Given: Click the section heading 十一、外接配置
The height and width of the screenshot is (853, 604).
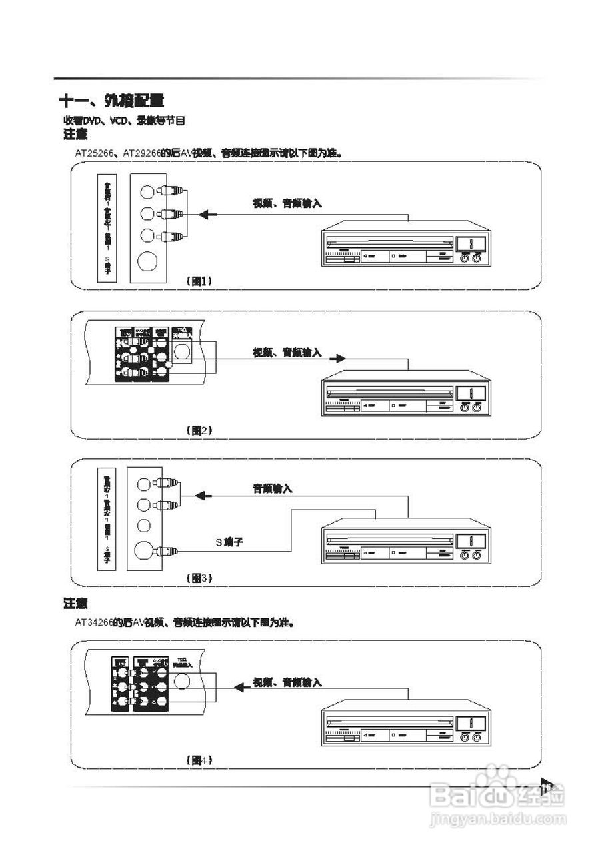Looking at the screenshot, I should coord(111,101).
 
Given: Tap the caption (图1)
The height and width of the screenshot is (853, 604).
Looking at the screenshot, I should coord(199,281).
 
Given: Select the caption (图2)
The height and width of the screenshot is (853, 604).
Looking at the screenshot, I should coord(199,430).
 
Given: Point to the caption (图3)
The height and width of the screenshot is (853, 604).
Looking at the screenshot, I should coord(199,578).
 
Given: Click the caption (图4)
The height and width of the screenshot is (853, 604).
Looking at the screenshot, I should coord(199,759).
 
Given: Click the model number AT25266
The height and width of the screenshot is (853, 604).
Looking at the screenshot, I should coord(97,153).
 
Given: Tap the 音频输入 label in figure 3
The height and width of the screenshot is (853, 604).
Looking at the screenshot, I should coord(272,489).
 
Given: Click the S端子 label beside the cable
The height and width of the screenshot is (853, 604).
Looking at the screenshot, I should coord(229,542).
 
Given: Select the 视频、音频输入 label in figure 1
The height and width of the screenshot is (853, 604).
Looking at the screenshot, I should coord(287,203).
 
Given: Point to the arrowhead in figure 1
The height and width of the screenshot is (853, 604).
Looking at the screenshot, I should coord(207,214).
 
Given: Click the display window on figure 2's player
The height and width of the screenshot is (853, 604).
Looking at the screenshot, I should coord(471,392).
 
